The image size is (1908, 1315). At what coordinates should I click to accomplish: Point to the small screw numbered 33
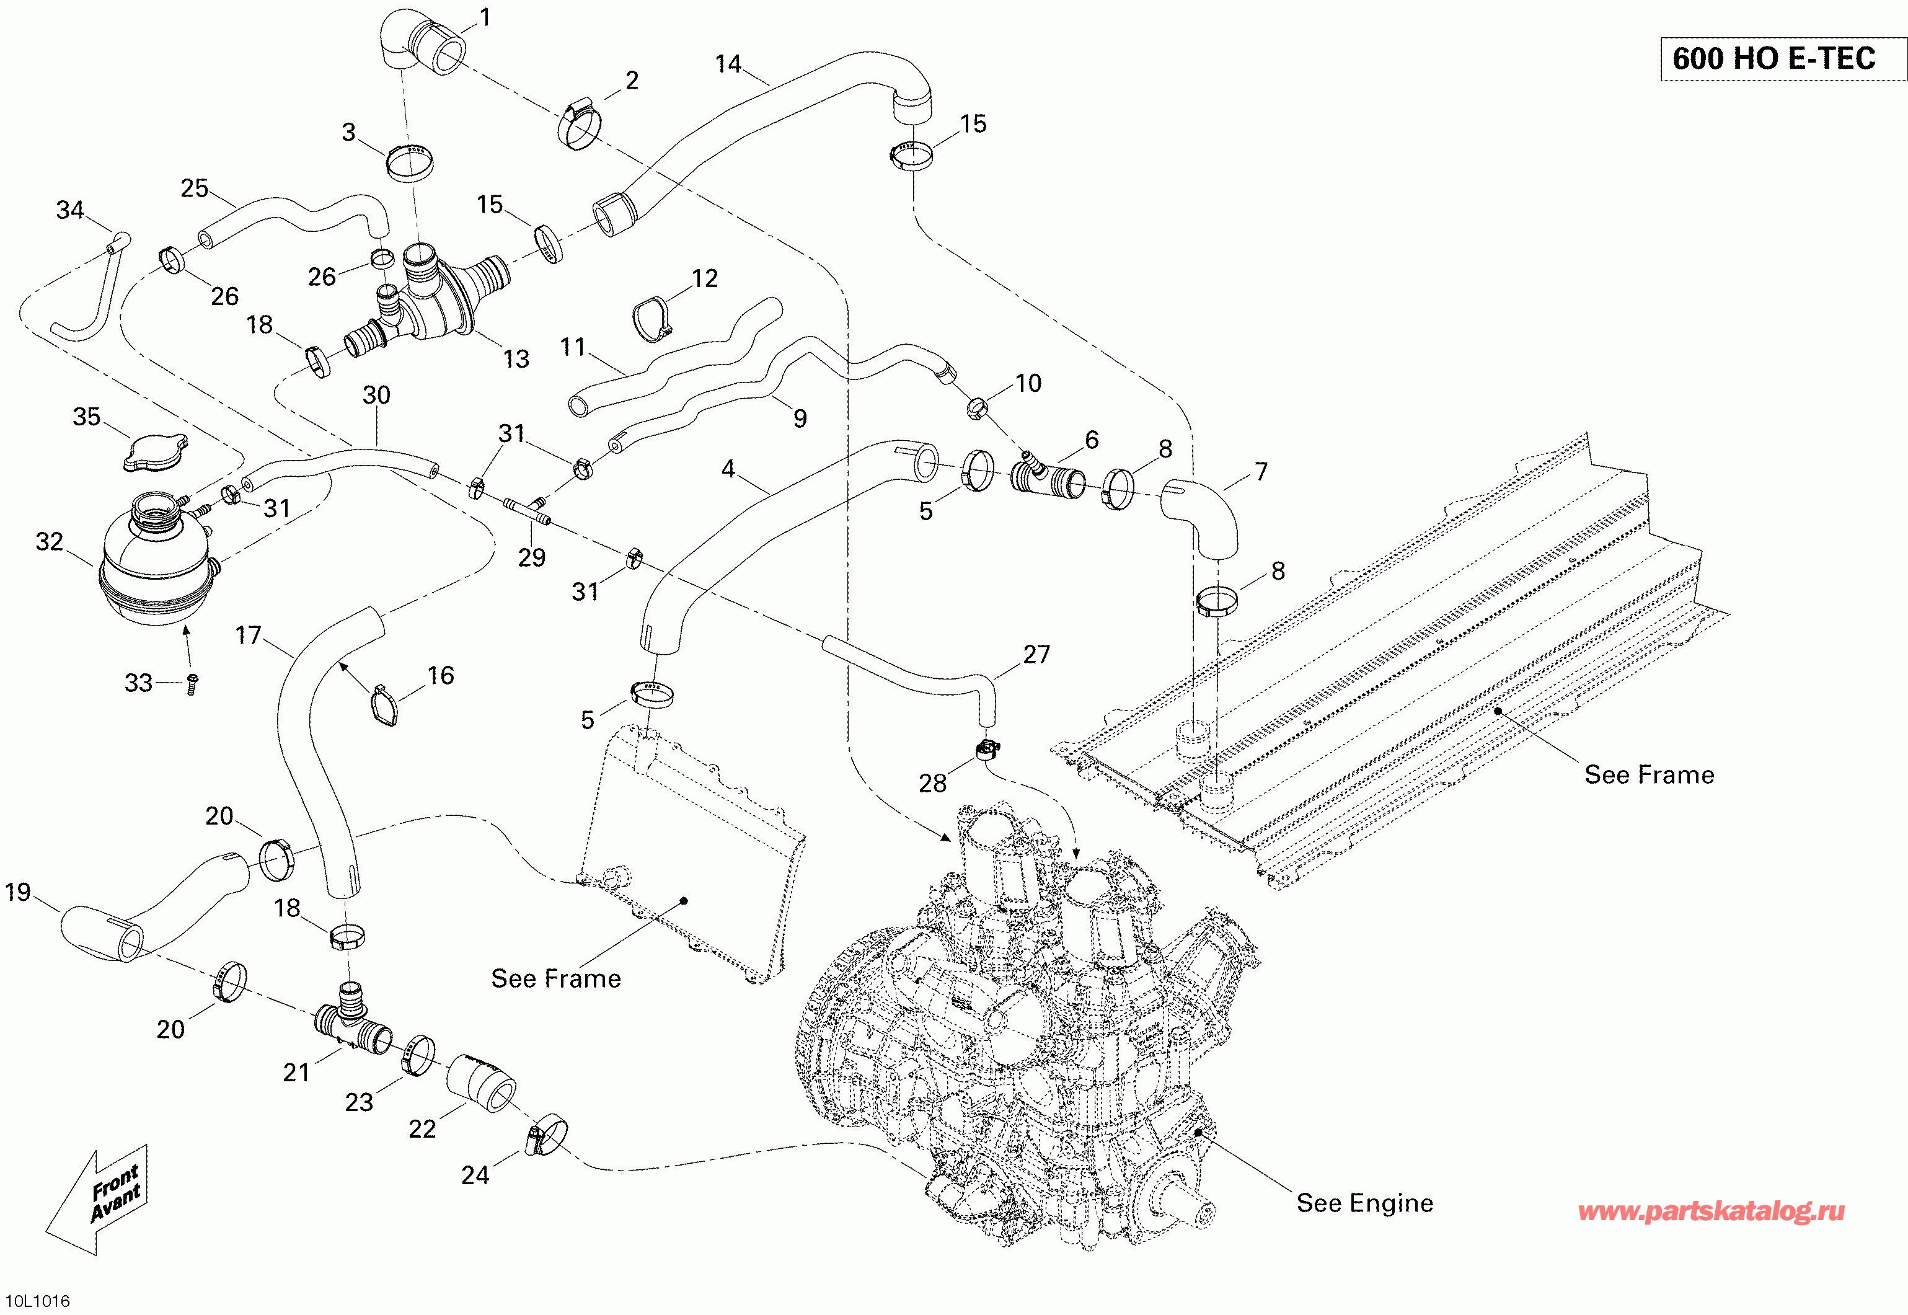point(193,684)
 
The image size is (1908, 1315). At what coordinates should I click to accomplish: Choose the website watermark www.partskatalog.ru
point(1711,1211)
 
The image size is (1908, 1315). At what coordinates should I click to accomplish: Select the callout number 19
point(17,892)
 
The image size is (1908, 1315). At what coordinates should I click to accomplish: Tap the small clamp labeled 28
point(987,750)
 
